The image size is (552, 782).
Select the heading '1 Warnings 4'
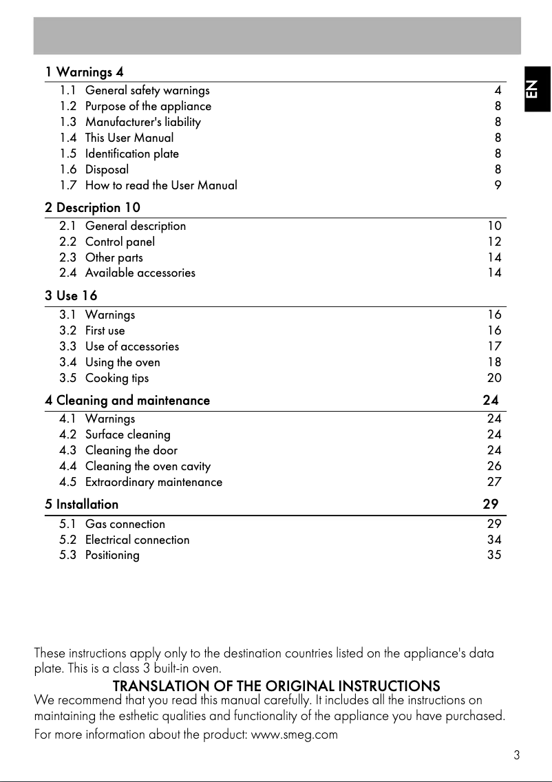coord(84,72)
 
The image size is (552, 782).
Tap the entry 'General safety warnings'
coord(147,90)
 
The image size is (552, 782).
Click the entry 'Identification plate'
coord(131,154)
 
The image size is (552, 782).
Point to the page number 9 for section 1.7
coord(498,185)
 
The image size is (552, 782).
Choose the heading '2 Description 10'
coord(92,207)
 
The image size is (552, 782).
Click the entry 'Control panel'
coord(120,242)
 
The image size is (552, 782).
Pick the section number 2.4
coord(68,273)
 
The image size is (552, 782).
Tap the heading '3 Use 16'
coord(71,296)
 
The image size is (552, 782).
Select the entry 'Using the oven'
coord(123,362)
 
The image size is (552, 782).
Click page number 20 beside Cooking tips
coord(494,378)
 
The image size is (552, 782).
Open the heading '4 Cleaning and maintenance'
coord(127,400)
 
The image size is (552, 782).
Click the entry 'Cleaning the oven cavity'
coord(148,466)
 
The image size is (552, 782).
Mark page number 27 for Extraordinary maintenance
coord(494,482)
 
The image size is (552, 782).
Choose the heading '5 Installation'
coord(82,504)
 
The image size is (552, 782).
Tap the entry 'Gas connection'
coord(125,524)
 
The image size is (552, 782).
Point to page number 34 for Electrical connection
coord(494,540)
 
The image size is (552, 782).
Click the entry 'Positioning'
coord(112,556)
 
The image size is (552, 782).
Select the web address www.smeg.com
coord(295,735)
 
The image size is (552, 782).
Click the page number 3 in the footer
coord(516,755)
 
